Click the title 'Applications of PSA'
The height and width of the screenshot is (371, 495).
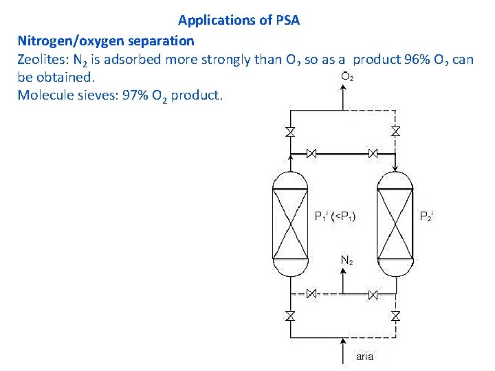[x=239, y=20]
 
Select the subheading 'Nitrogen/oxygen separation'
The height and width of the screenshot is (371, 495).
[x=106, y=41]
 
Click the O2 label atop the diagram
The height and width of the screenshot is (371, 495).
[x=348, y=77]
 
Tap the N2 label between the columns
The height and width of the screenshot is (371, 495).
[x=348, y=261]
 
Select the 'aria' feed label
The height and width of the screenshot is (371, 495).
[x=364, y=357]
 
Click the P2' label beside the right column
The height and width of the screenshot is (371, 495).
[x=428, y=216]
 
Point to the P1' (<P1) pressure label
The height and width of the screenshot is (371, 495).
[x=335, y=216]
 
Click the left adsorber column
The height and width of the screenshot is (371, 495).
[x=290, y=223]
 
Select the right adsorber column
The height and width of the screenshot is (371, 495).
[x=396, y=223]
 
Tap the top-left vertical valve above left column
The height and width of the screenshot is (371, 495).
[x=290, y=131]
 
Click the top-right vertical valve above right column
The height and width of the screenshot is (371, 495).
[x=396, y=131]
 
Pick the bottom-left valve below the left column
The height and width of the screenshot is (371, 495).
[x=290, y=316]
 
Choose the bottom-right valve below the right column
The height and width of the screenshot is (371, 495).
[x=396, y=316]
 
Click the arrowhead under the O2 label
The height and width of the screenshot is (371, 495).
[x=344, y=91]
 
